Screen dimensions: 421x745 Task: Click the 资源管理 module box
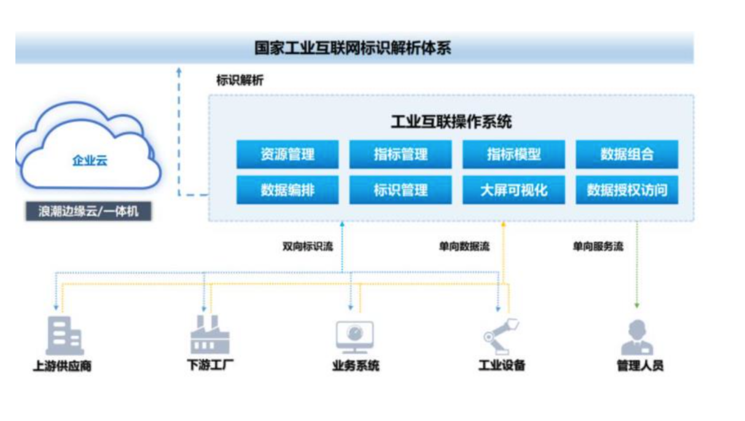point(287,154)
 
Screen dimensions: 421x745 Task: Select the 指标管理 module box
point(400,154)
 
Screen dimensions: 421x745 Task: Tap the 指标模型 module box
point(513,154)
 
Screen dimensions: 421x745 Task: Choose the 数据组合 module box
point(626,154)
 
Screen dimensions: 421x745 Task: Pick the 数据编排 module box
point(287,190)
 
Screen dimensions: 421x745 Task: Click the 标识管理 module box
point(400,190)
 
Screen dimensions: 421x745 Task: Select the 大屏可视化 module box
point(513,190)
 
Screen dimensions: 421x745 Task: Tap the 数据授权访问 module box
point(626,190)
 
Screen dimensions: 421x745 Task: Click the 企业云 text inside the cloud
point(90,162)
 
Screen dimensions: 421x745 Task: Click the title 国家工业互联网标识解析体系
point(353,48)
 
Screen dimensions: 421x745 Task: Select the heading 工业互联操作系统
point(451,122)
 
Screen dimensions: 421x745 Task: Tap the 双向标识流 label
point(307,246)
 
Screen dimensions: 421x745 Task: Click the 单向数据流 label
point(464,246)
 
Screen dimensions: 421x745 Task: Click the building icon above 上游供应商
point(64,336)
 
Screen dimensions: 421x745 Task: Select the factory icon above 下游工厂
point(209,335)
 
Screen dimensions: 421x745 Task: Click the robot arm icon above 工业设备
point(500,334)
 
